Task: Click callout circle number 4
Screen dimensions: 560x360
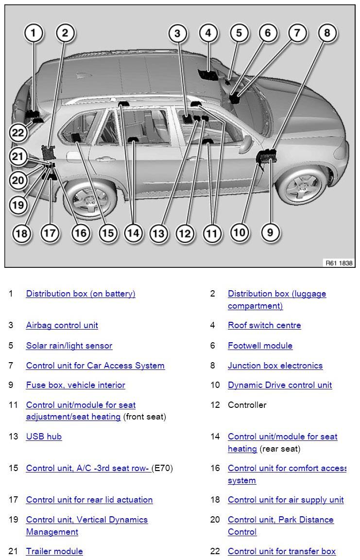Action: (208, 33)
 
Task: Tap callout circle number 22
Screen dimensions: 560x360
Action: (18, 132)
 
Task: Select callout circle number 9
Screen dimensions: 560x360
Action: (270, 232)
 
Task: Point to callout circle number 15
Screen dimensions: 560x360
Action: (107, 233)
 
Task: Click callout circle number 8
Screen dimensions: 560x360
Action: (327, 33)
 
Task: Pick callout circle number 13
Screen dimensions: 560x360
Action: (159, 233)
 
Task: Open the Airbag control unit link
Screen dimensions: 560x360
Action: (62, 325)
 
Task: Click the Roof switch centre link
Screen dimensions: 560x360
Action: (264, 325)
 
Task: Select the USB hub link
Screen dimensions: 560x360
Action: (44, 437)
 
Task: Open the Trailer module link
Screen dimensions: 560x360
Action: (54, 551)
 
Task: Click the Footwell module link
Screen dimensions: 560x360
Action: (260, 346)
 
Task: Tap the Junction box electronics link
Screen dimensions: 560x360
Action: (275, 366)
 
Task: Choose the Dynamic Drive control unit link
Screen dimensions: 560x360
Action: (280, 385)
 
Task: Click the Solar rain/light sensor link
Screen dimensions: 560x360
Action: (69, 346)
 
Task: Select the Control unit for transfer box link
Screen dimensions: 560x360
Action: (282, 551)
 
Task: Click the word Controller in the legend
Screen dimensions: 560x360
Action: (247, 405)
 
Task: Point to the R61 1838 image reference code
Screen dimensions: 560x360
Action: (339, 263)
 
